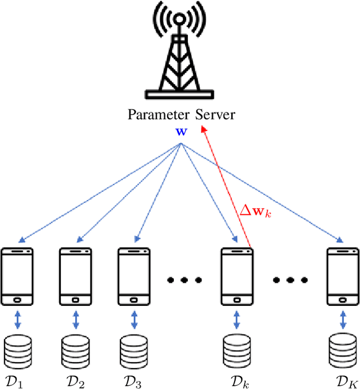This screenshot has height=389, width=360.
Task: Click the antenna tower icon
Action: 179,53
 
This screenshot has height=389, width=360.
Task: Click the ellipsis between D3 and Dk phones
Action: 184,279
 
